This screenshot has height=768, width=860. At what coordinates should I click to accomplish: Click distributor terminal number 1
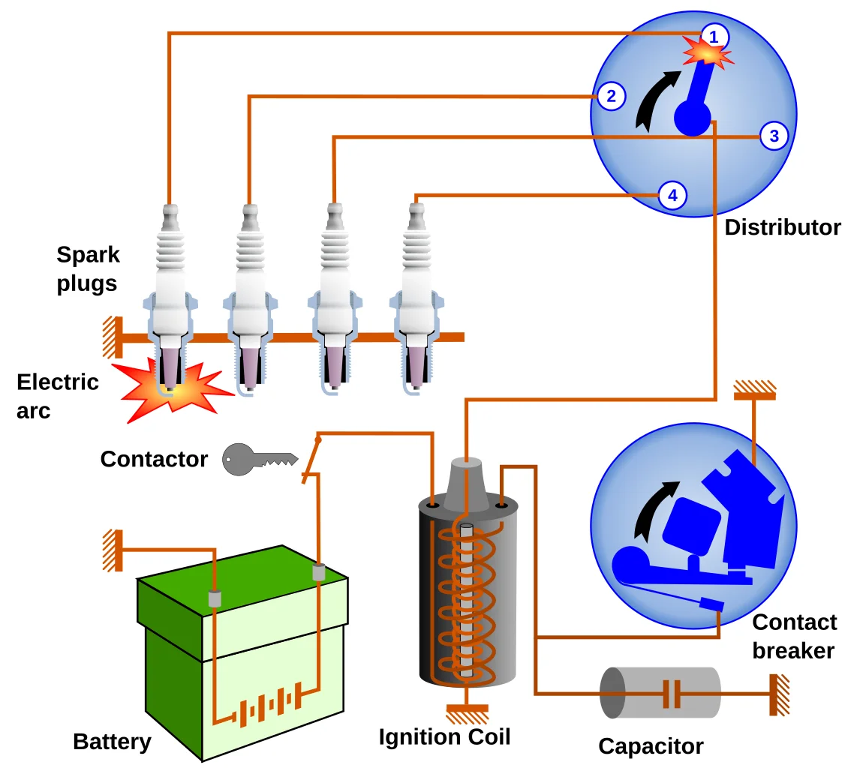click(714, 36)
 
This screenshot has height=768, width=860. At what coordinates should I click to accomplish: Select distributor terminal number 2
click(612, 96)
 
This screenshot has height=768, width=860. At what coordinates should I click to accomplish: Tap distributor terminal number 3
click(774, 136)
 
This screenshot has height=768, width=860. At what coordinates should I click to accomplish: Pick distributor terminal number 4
click(672, 196)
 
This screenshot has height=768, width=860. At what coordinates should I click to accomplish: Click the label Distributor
click(782, 227)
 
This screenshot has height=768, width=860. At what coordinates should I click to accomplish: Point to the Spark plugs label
click(88, 269)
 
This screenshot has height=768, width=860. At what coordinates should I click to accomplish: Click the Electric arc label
click(57, 396)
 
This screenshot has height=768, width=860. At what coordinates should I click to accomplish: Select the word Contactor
click(154, 459)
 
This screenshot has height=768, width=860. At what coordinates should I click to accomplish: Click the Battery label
click(112, 742)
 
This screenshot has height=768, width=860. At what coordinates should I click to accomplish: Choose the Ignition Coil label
click(444, 737)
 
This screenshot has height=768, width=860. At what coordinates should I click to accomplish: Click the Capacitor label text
click(651, 746)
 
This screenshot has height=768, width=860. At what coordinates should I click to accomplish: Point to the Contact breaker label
click(794, 636)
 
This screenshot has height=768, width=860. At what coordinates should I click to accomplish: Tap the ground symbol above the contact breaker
click(754, 388)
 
